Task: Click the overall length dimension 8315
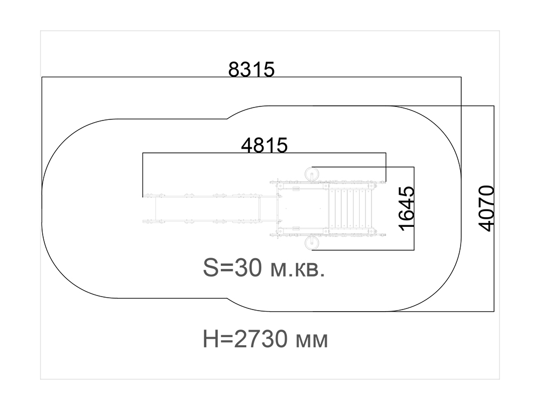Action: (x=252, y=69)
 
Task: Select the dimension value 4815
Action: (x=264, y=145)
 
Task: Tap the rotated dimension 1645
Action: (x=407, y=209)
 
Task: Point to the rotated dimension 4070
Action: (x=487, y=209)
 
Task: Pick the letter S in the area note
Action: (x=211, y=268)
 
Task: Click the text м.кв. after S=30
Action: (x=298, y=270)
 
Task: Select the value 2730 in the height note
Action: (x=260, y=339)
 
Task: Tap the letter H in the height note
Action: (x=210, y=339)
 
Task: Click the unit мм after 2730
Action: (x=312, y=341)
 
